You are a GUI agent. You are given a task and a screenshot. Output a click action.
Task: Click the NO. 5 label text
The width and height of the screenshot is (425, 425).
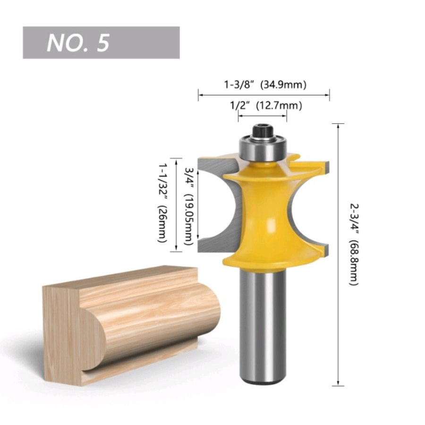78,43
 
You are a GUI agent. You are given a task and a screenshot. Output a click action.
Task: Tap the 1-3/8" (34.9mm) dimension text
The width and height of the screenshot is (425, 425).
265,85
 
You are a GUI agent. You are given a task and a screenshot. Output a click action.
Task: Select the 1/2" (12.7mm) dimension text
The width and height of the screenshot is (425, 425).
266,105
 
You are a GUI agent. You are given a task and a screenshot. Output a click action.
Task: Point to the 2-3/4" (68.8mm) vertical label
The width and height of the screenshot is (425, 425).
354,244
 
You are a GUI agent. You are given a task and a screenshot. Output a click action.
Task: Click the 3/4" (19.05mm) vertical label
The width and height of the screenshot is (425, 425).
188,206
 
